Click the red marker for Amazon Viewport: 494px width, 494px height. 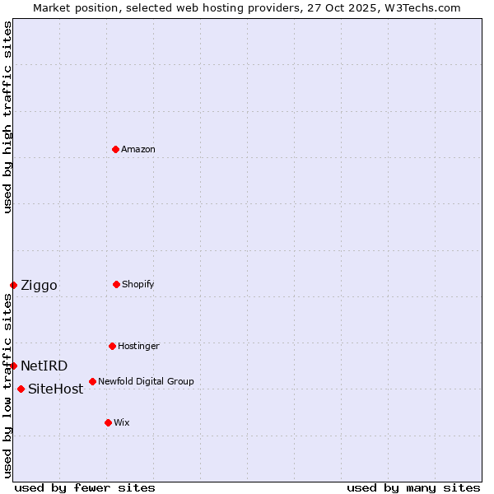(x=115, y=149)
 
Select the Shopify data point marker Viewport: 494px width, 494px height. (x=116, y=284)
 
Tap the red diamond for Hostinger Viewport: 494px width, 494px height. (x=112, y=346)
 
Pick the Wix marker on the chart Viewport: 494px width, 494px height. (x=108, y=422)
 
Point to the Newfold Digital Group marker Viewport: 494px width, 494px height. (x=92, y=381)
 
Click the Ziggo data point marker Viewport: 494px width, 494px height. (x=13, y=285)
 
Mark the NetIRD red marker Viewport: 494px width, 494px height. (x=13, y=366)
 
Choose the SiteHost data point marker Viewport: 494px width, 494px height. (x=21, y=389)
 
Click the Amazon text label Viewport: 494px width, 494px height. (x=138, y=149)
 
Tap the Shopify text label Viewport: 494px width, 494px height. (x=138, y=284)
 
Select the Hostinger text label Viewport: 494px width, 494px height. (x=138, y=346)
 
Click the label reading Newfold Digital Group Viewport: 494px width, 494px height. (x=146, y=381)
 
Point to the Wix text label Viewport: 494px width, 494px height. (x=122, y=422)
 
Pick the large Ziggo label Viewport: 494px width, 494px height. (x=39, y=286)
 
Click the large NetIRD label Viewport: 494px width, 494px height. (x=44, y=366)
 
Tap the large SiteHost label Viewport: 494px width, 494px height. (x=55, y=389)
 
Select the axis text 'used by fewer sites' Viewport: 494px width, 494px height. (x=85, y=487)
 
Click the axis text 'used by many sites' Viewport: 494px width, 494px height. (x=413, y=487)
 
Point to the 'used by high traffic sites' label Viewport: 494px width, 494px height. (x=7, y=117)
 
